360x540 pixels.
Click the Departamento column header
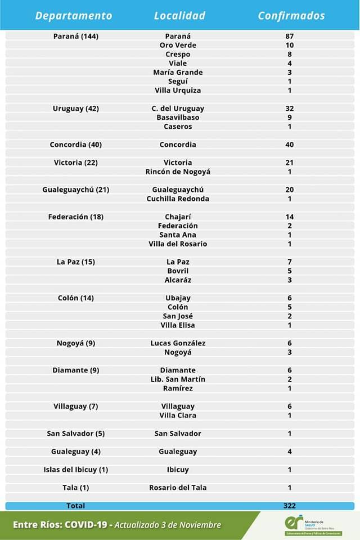click(74, 16)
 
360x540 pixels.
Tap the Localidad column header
click(179, 16)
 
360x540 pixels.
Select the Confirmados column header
click(291, 16)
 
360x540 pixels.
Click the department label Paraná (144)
click(76, 36)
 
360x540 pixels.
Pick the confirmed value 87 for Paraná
click(290, 36)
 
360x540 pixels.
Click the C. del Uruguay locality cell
click(178, 109)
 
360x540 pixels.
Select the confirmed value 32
click(290, 109)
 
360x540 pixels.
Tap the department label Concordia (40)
click(76, 145)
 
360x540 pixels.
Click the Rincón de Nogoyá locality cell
click(178, 172)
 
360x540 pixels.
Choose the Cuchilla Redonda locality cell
click(178, 199)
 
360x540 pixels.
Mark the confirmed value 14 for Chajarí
click(290, 217)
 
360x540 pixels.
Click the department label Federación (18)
click(76, 217)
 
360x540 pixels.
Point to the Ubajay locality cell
click(178, 298)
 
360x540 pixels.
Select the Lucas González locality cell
click(178, 343)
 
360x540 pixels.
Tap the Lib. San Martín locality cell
click(178, 379)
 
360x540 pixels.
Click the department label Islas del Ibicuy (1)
click(76, 470)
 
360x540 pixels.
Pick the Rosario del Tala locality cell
click(178, 488)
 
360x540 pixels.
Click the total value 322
click(290, 506)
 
